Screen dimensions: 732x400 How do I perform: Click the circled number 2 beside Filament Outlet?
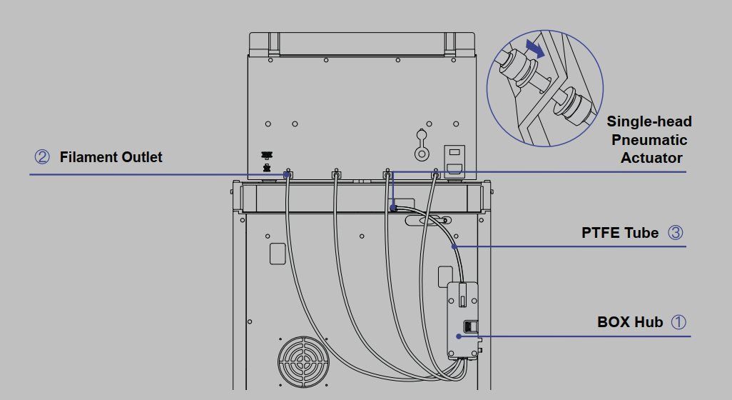42,156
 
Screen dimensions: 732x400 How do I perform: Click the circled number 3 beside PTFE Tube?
675,232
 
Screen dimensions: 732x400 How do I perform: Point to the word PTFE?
600,233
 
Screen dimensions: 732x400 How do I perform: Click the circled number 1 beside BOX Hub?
678,321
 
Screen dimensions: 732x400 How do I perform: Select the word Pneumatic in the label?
649,140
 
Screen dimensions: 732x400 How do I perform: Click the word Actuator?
651,158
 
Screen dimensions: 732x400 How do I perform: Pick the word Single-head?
649,121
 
